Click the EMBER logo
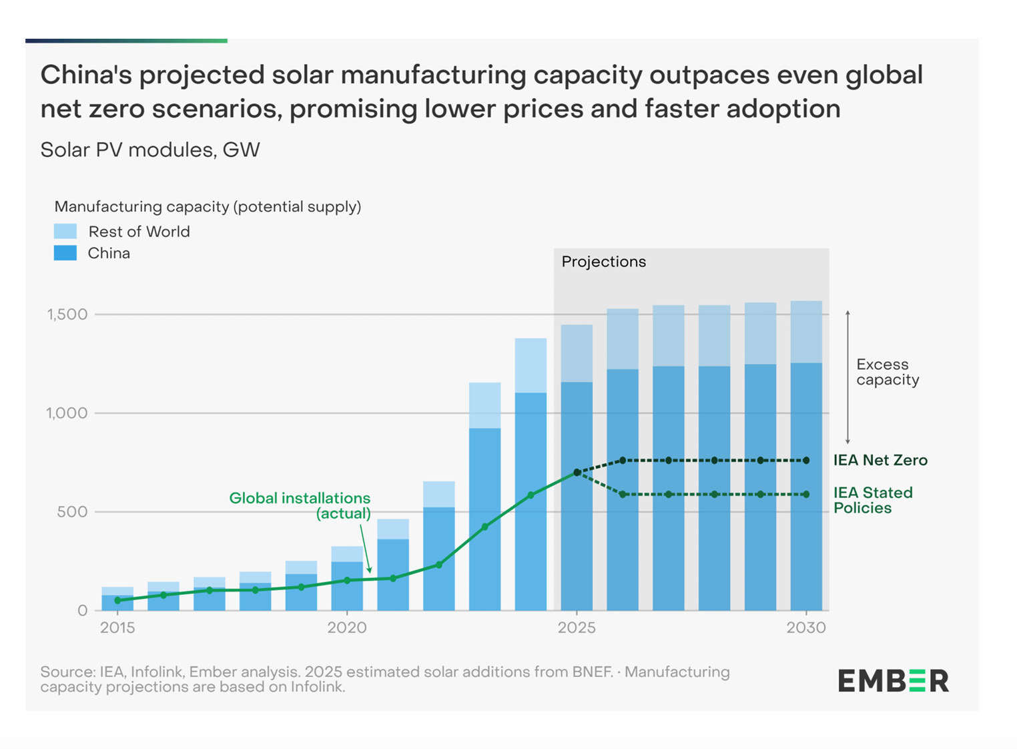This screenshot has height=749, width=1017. click(x=893, y=681)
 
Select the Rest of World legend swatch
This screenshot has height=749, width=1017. click(x=65, y=232)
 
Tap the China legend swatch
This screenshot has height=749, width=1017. click(x=65, y=253)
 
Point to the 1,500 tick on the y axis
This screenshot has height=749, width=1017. click(x=67, y=314)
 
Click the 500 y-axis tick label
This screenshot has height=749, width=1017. click(x=72, y=512)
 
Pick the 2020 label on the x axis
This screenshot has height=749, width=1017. click(x=347, y=628)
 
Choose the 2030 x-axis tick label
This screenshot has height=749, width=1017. click(x=806, y=628)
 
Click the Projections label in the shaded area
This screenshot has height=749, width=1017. click(x=603, y=262)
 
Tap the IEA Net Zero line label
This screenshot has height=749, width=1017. click(x=880, y=460)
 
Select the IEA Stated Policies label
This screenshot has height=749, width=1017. click(x=872, y=500)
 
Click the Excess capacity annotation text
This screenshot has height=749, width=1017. click(x=888, y=372)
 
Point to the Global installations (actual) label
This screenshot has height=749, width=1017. click(x=300, y=505)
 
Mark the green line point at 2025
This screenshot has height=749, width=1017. click(x=577, y=473)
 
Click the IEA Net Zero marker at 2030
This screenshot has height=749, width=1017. click(x=806, y=461)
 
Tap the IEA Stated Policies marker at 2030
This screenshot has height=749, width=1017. click(x=806, y=495)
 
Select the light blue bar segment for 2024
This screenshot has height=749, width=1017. click(x=531, y=365)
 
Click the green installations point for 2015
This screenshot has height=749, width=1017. click(x=118, y=601)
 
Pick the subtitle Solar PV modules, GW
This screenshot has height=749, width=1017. click(x=150, y=150)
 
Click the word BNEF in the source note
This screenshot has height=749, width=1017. click(x=592, y=672)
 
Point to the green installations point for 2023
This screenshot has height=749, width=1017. click(x=485, y=527)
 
